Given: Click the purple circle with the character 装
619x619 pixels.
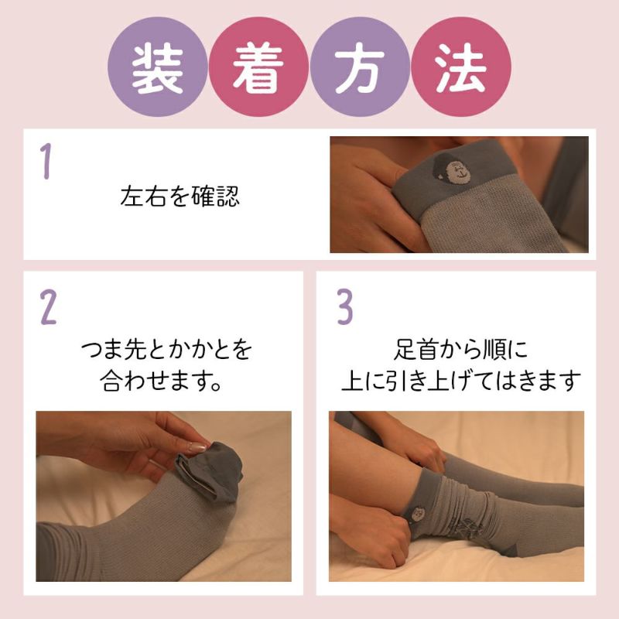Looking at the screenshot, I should point(158,67).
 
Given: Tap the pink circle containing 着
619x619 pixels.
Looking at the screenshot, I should point(259,67).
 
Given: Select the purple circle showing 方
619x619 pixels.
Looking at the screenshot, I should point(361,67).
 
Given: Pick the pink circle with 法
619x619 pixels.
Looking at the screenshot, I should point(460,67).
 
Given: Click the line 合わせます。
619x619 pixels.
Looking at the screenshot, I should point(162,381).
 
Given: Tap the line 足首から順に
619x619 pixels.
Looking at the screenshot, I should point(461,351).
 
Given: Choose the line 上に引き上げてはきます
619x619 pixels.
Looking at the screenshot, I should point(461,381).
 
